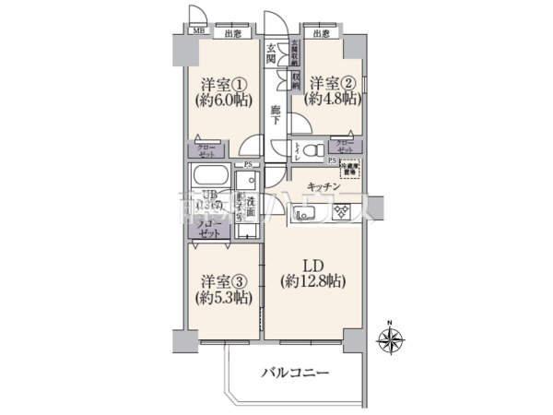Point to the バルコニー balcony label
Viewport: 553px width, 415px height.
pyautogui.click(x=295, y=373)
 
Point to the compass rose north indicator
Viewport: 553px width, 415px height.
pyautogui.click(x=390, y=342)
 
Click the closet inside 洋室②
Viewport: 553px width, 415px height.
pyautogui.click(x=344, y=147)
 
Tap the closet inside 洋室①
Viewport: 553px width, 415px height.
pyautogui.click(x=206, y=150)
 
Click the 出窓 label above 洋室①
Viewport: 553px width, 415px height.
pyautogui.click(x=233, y=34)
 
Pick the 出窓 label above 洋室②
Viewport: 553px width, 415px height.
pyautogui.click(x=320, y=34)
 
